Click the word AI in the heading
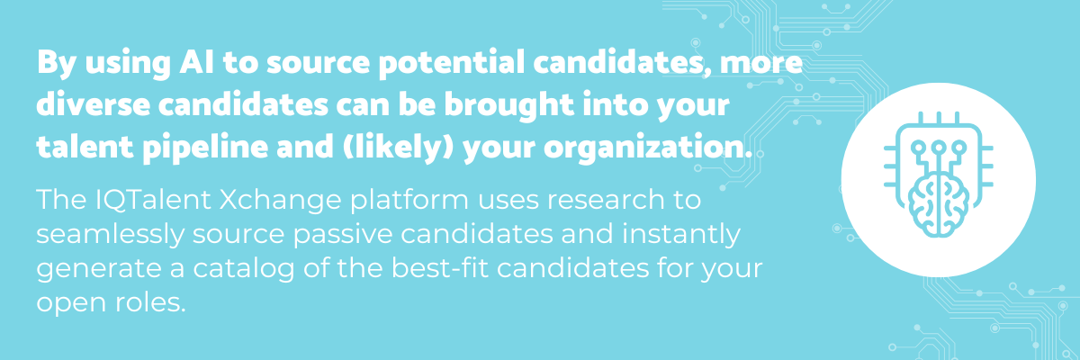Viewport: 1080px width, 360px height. coord(196,63)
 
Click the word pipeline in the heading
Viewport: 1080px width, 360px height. coord(205,148)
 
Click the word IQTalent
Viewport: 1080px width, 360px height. coord(153,200)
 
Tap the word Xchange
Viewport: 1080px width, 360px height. coord(280,201)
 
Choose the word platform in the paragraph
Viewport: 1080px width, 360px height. coord(409,201)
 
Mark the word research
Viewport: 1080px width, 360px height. coord(605,200)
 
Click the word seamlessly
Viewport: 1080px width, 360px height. coord(111,235)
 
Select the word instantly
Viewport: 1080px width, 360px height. coord(681,235)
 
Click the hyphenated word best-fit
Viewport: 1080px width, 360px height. coord(440,268)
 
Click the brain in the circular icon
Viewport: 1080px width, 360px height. coord(938,205)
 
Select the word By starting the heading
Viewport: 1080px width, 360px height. coord(57,64)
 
